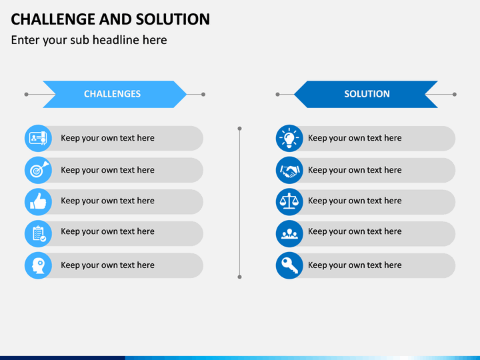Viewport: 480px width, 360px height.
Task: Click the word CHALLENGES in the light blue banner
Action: [113, 94]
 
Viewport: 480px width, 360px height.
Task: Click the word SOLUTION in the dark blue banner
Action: [367, 94]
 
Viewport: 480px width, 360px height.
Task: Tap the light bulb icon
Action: [289, 139]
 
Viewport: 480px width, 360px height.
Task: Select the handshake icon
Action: [289, 171]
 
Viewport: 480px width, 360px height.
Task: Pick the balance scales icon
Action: [289, 201]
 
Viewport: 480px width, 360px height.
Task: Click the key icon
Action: [289, 265]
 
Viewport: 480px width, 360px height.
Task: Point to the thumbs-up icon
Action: [38, 201]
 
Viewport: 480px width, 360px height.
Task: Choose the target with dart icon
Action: [39, 169]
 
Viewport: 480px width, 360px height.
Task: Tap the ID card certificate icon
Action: [38, 138]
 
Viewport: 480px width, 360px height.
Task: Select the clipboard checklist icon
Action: [39, 234]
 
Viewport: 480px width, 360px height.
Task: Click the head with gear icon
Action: [38, 266]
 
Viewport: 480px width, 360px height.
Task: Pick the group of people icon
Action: [289, 233]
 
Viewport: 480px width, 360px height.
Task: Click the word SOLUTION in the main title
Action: [173, 19]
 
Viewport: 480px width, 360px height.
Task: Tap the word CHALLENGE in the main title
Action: [53, 19]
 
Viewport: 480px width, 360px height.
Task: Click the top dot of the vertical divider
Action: [240, 129]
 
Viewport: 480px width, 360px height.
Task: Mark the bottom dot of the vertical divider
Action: [240, 277]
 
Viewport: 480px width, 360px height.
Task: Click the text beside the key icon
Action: [355, 265]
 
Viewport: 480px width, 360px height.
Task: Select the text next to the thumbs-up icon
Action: [107, 201]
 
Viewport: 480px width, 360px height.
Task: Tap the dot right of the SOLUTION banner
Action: [455, 94]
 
